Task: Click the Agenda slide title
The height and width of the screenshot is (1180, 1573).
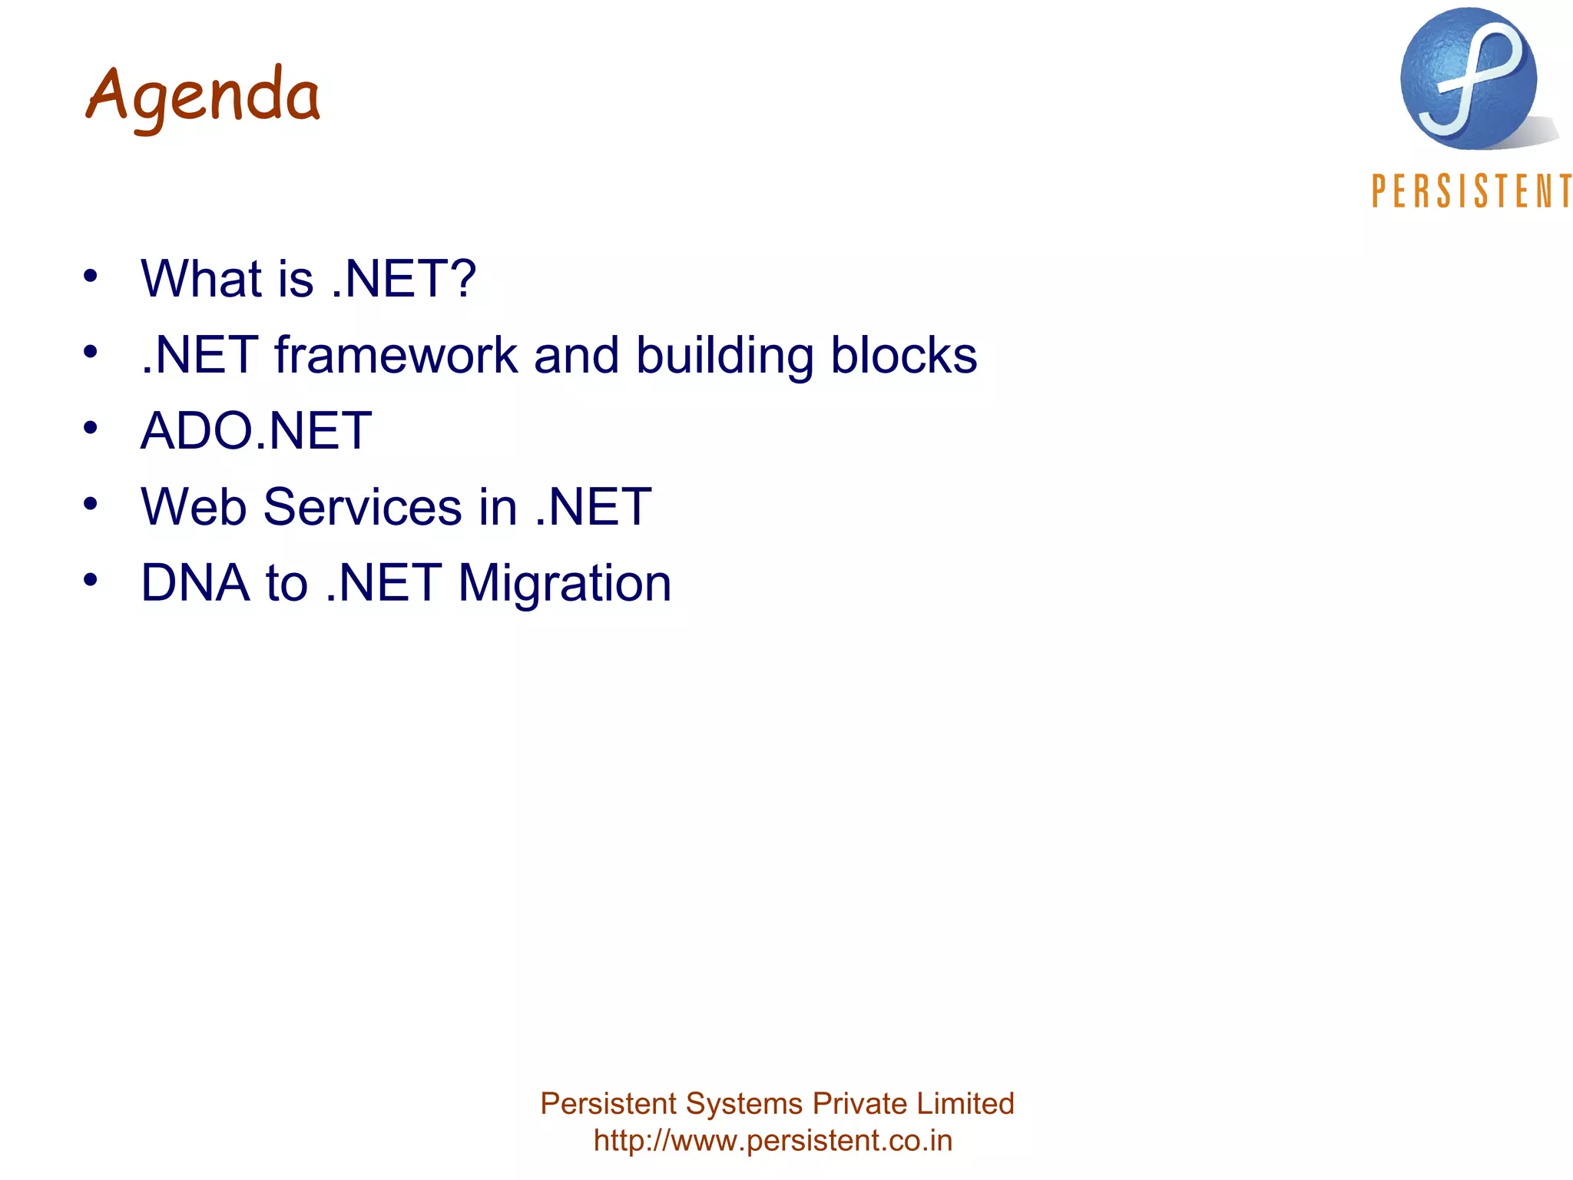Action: point(203,97)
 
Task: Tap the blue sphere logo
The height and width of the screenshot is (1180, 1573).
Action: point(1468,79)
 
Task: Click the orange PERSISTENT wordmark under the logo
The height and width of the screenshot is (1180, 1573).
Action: point(1471,191)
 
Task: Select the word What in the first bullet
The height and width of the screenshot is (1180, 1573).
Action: point(201,278)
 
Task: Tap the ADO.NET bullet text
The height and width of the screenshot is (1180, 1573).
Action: point(256,430)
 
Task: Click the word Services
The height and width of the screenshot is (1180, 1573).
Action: point(363,507)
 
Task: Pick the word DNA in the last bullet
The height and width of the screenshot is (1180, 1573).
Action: point(195,582)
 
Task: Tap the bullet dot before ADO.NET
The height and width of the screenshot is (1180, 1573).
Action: point(91,427)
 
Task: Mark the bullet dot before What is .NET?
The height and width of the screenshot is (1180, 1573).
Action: point(91,275)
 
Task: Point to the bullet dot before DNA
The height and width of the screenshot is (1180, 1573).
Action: point(91,579)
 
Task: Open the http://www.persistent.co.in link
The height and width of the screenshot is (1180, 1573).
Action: point(773,1140)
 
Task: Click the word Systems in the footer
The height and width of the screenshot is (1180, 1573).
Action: point(744,1104)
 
